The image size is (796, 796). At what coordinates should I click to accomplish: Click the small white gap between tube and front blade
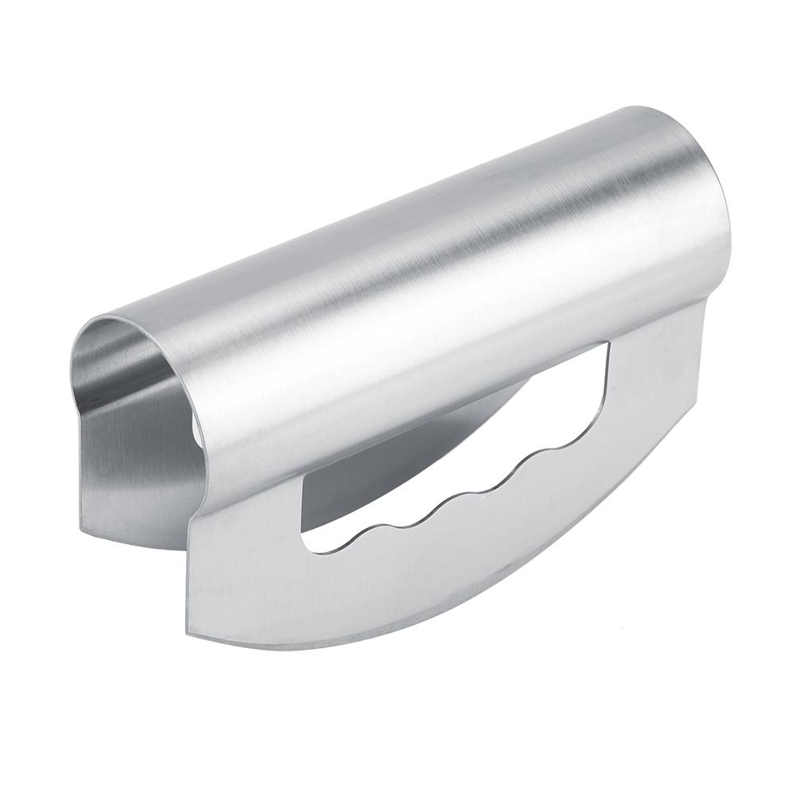click(x=196, y=433)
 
